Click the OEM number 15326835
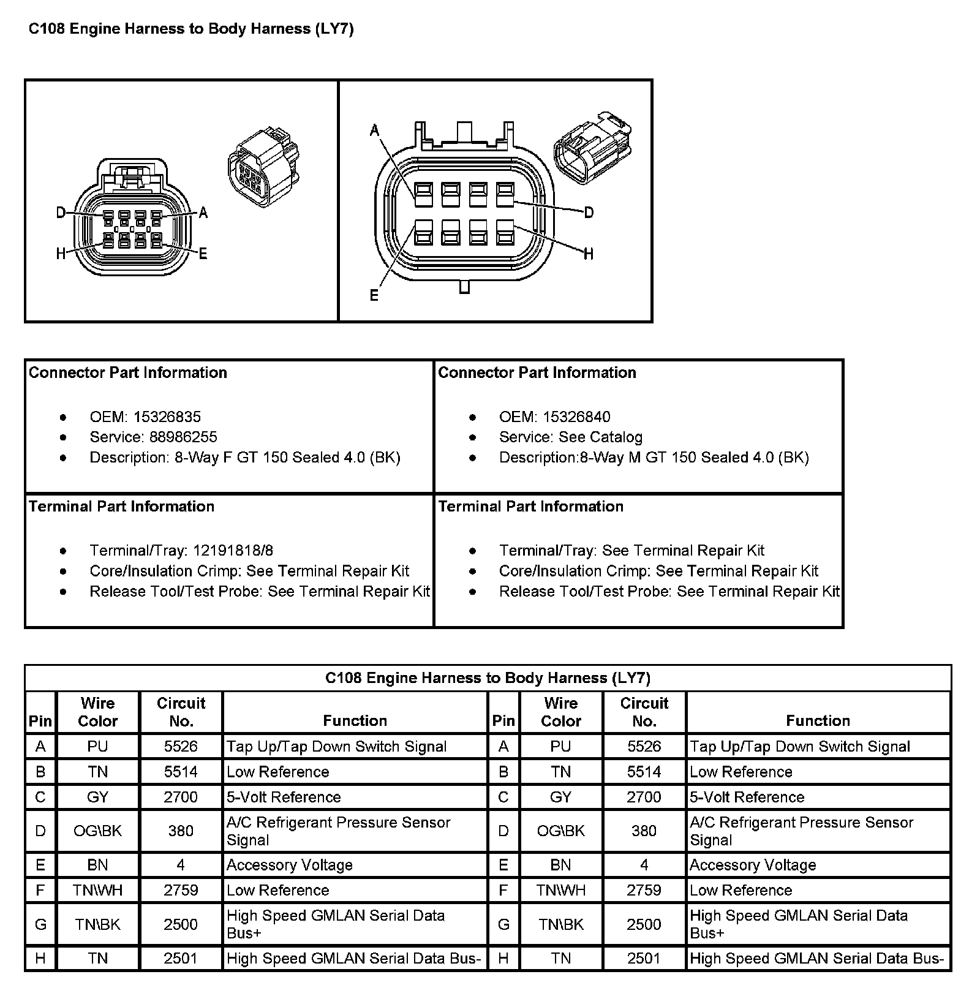tap(167, 417)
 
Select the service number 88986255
tap(184, 437)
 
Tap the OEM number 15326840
tap(576, 417)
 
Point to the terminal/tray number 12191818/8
tap(233, 551)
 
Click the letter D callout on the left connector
tap(61, 213)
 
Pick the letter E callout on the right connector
tap(374, 296)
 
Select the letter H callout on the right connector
tap(589, 254)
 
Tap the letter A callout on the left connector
tap(203, 213)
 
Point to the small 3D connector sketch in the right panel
tap(592, 147)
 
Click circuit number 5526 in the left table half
tap(181, 747)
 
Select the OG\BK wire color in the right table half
tap(560, 831)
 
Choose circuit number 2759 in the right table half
tap(644, 890)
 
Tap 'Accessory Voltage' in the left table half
tap(289, 865)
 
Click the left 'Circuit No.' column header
tap(181, 712)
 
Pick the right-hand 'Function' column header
tap(818, 720)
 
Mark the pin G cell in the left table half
tap(40, 924)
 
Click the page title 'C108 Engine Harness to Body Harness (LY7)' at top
tap(191, 29)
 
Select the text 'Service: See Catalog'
tap(570, 437)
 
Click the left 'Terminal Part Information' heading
tap(121, 507)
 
